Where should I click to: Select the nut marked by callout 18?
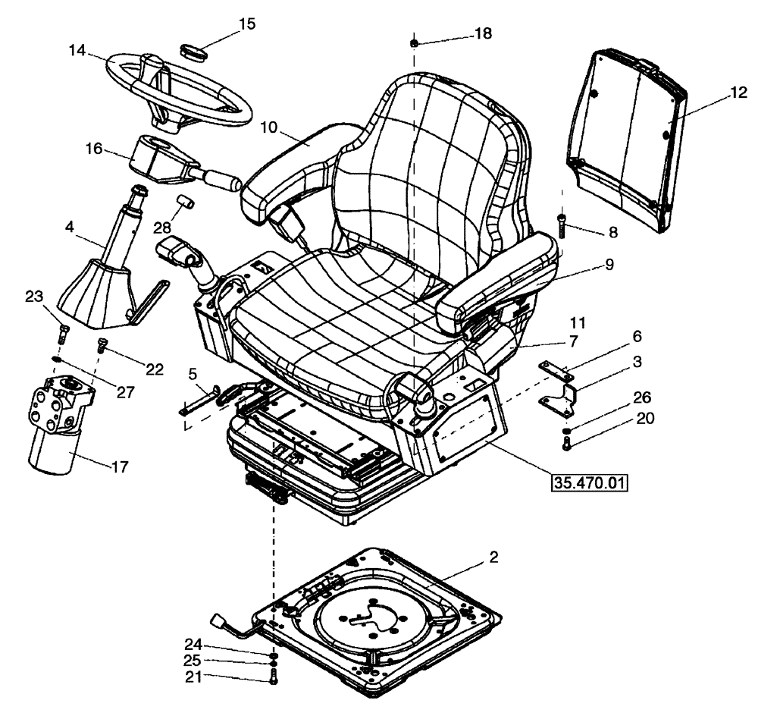[x=415, y=43]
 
